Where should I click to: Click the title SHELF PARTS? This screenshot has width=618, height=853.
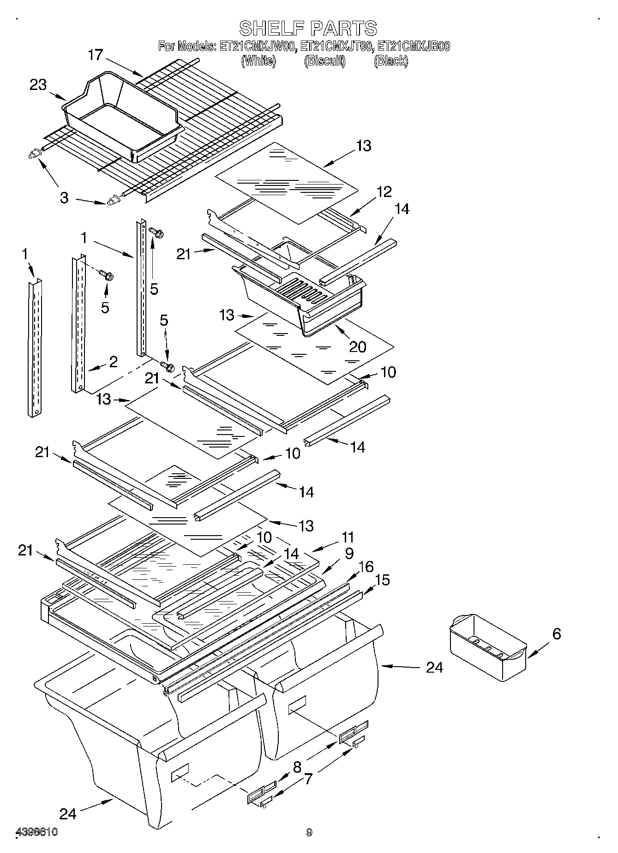tap(308, 29)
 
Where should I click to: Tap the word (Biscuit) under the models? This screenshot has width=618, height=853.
tap(324, 61)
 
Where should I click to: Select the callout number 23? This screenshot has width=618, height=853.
tap(38, 85)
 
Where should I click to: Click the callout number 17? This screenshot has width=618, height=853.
tap(96, 55)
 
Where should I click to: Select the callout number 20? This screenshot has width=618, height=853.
tap(358, 346)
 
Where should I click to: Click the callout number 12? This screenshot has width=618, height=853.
tap(384, 191)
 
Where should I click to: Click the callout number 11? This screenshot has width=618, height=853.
tap(348, 537)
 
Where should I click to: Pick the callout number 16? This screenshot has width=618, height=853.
tap(366, 567)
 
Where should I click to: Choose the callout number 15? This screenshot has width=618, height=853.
tap(383, 580)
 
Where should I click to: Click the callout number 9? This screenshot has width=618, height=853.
tap(349, 553)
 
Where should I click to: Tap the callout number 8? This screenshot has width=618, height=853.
tap(297, 767)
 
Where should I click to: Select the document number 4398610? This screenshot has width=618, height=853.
tap(37, 832)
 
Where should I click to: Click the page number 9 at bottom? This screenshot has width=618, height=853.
tap(309, 832)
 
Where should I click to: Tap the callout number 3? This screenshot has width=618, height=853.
tap(64, 198)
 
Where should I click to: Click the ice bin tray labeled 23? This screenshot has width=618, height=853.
tap(121, 118)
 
